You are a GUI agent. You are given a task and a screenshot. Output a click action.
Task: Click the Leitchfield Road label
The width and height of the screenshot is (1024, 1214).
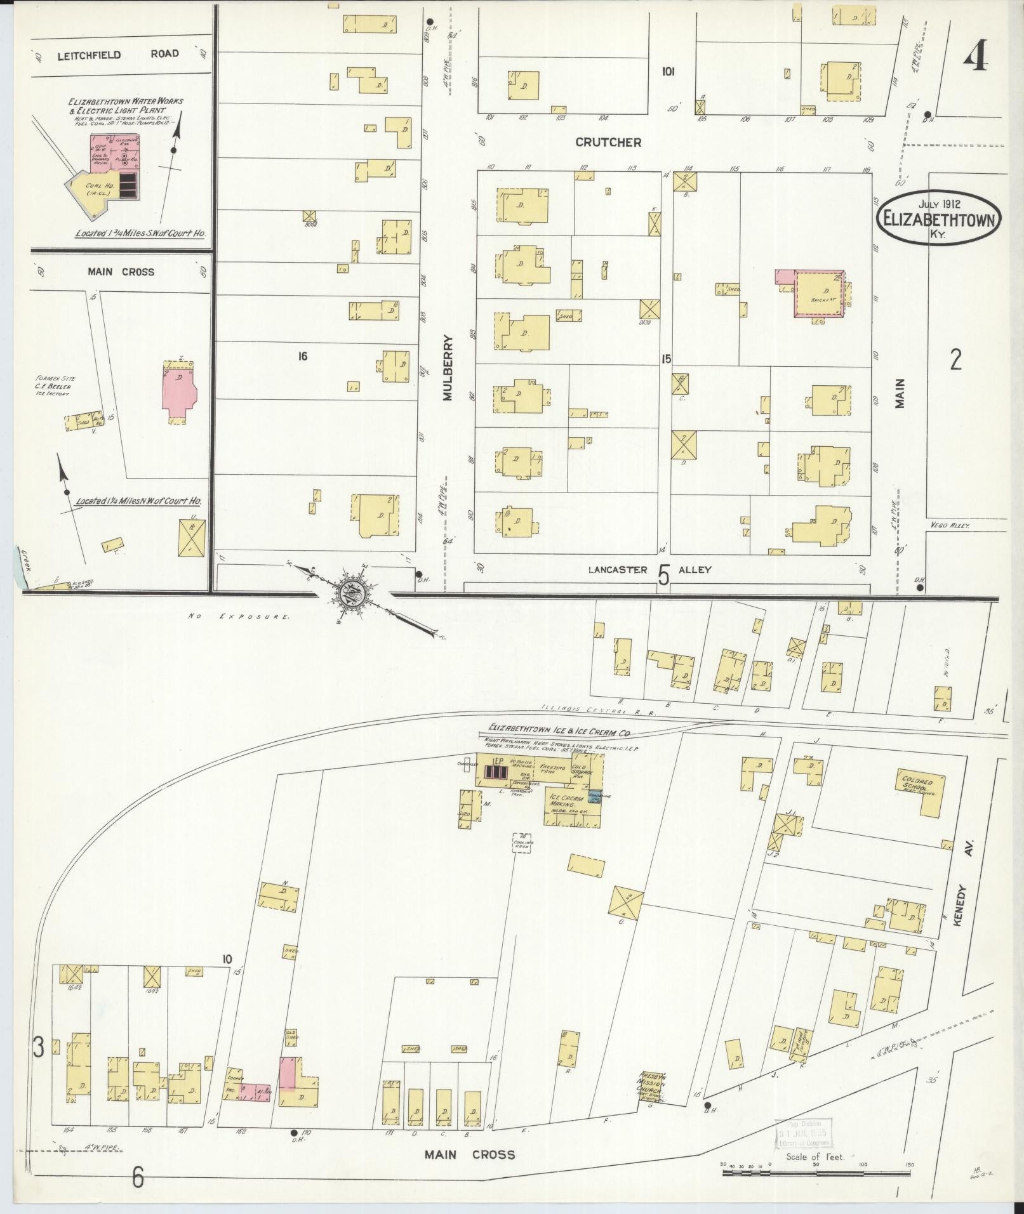point(119,54)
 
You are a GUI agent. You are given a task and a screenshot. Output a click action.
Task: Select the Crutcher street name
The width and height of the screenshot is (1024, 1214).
point(608,142)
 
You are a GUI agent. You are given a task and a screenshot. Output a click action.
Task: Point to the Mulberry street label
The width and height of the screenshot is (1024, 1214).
point(448,367)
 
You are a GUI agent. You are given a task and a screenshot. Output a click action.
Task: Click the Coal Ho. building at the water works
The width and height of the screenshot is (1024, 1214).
point(97,187)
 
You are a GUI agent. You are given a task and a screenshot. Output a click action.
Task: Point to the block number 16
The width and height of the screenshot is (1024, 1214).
point(302,357)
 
